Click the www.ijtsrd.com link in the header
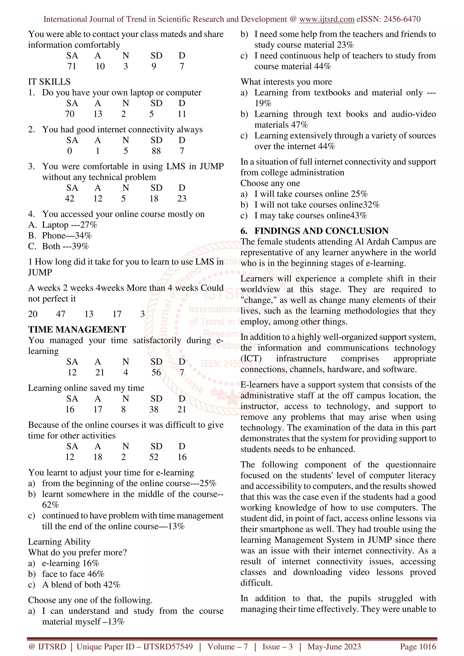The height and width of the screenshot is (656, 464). tap(326, 19)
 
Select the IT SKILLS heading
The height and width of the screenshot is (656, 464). tap(49, 82)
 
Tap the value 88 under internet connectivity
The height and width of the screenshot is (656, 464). tap(156, 151)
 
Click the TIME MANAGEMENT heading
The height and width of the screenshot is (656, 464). tap(77, 329)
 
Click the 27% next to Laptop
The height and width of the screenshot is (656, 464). tap(89, 225)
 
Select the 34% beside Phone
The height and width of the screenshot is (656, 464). tap(83, 236)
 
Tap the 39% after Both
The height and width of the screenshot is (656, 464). tap(80, 246)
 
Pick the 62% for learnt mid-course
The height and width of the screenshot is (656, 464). tap(50, 505)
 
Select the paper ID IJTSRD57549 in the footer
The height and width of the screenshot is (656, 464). tap(168, 646)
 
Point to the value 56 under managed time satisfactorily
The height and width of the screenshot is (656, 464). tap(156, 373)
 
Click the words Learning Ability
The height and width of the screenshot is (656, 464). tap(59, 542)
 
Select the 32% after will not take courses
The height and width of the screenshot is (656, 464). tap(371, 205)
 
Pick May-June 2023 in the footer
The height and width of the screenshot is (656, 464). tap(334, 646)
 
